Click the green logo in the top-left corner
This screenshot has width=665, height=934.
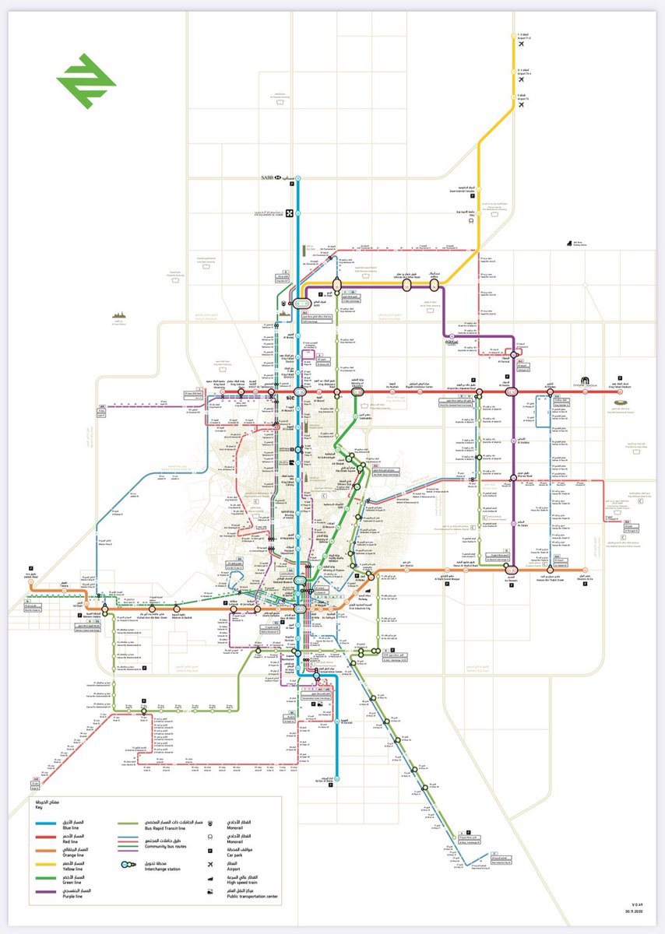tap(86, 81)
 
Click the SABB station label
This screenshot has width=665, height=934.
tap(271, 178)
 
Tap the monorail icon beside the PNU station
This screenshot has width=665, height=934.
tap(473, 220)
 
